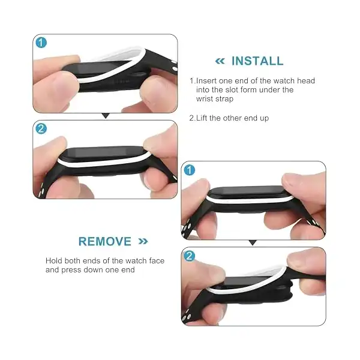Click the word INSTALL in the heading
click(257, 61)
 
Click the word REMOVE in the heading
click(105, 242)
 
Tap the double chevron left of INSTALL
click(220, 61)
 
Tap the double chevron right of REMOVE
click(143, 242)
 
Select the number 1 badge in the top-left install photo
click(41, 43)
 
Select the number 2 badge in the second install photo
click(41, 128)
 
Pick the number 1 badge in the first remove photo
click(190, 170)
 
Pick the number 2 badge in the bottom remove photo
click(190, 256)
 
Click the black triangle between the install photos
click(106, 116)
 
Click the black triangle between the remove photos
click(253, 242)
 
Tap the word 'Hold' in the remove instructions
click(54, 261)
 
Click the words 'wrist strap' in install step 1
click(215, 99)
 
